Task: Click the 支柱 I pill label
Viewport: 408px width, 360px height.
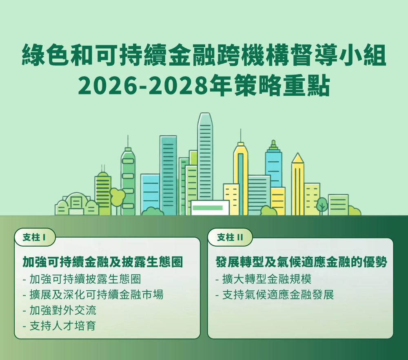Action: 35,237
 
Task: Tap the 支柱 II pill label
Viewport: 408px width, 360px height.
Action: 230,237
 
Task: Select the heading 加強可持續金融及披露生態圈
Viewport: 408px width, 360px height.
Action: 103,262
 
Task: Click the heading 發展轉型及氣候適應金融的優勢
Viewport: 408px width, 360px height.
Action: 302,262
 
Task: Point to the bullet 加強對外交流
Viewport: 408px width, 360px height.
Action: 60,310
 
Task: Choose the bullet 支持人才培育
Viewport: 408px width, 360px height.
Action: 60,325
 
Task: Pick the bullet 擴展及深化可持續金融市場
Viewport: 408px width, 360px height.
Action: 93,295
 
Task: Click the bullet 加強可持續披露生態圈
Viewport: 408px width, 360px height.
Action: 82,279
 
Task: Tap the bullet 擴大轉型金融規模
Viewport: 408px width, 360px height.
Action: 263,279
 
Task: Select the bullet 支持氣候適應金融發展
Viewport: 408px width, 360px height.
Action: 275,295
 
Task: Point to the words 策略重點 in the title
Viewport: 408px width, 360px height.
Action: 282,86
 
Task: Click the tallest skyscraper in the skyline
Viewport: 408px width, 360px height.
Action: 205,164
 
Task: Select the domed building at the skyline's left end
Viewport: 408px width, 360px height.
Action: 77,204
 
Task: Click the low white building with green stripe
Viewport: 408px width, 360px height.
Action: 210,208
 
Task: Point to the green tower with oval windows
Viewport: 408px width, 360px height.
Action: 128,182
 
